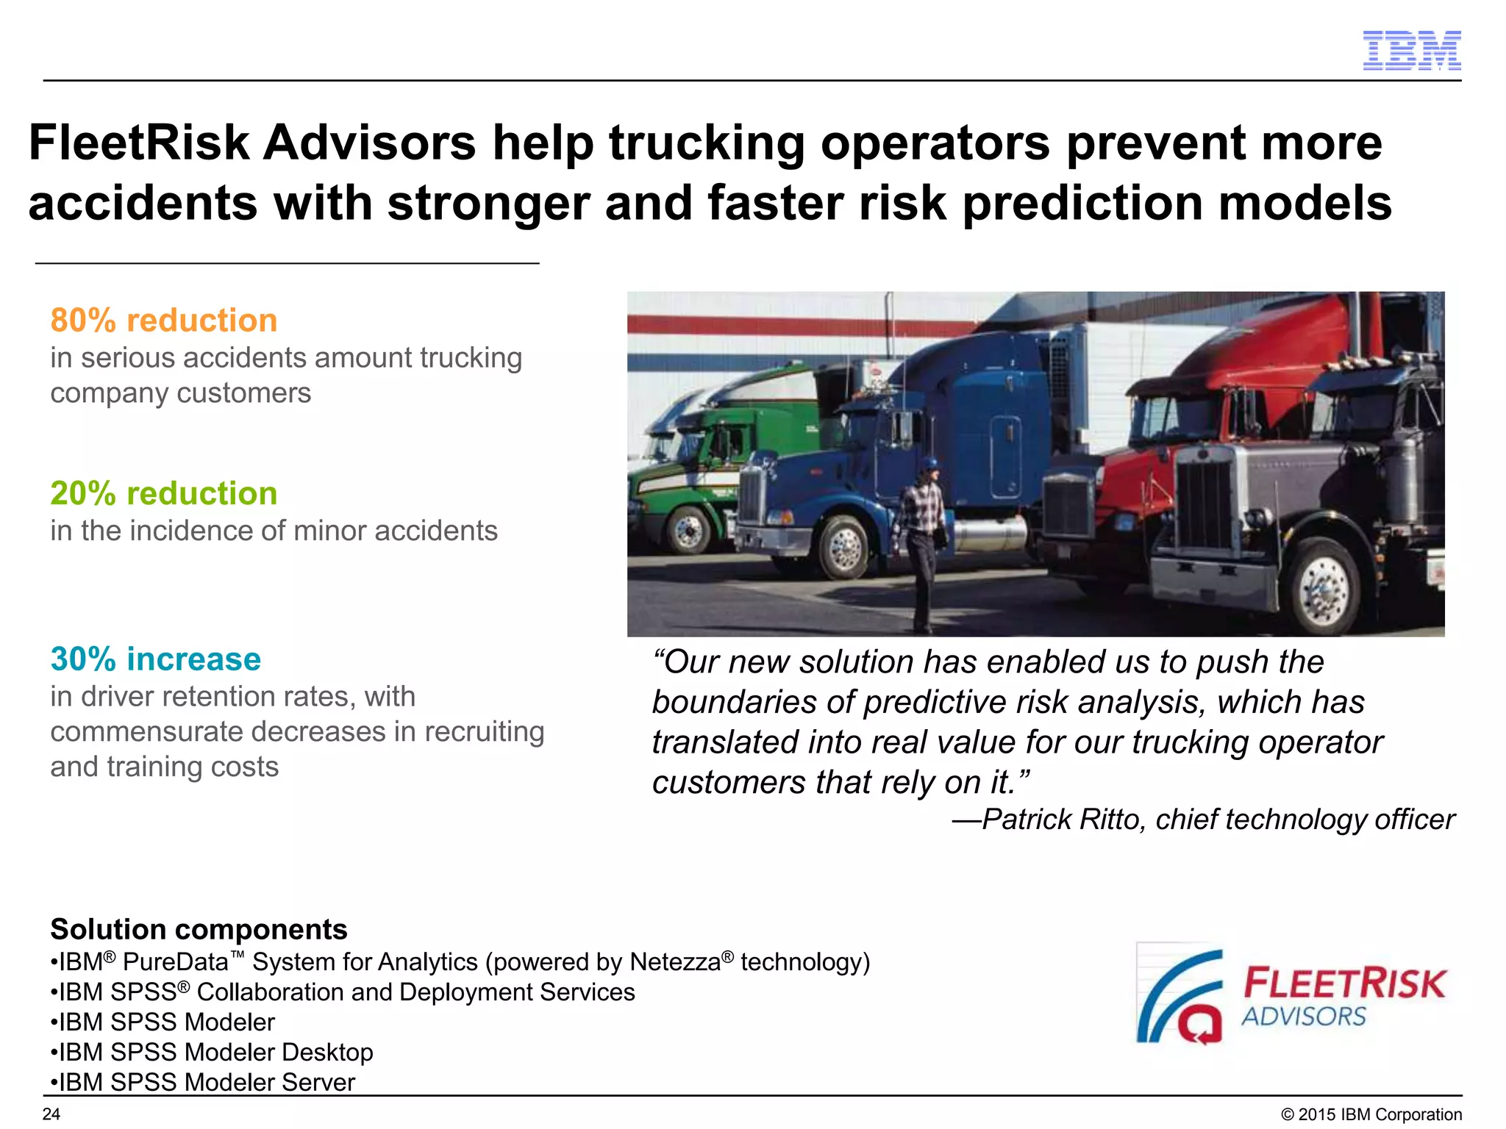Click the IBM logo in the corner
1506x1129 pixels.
point(1411,51)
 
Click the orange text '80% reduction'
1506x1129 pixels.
point(164,320)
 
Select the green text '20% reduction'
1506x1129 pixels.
point(164,493)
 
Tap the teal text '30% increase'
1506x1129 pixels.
point(156,659)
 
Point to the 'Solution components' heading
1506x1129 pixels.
point(199,929)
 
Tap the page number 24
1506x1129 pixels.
point(51,1114)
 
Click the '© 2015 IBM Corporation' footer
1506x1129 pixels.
point(1371,1114)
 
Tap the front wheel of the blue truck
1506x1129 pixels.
point(844,547)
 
